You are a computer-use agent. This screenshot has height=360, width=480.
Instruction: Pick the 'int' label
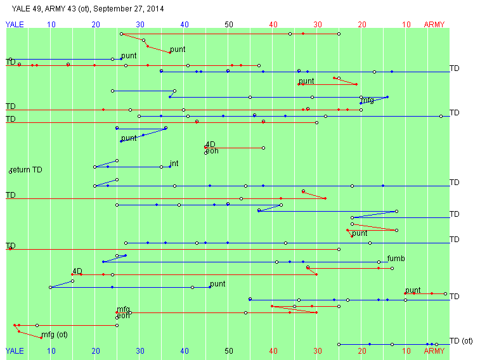(x=174, y=164)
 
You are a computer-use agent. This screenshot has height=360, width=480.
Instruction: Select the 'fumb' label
(x=396, y=259)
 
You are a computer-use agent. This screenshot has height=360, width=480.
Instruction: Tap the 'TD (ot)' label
(x=461, y=341)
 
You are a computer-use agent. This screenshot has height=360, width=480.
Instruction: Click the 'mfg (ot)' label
(x=54, y=335)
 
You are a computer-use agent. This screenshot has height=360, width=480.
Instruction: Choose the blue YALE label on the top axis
(x=15, y=25)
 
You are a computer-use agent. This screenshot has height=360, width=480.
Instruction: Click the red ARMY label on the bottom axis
(x=434, y=350)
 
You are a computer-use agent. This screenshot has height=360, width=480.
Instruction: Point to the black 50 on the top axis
(x=229, y=25)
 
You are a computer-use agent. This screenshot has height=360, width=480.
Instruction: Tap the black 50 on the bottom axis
(x=229, y=350)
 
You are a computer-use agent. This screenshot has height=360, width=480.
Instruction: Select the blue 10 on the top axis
(x=51, y=25)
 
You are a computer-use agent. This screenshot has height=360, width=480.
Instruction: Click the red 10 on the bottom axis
(x=406, y=350)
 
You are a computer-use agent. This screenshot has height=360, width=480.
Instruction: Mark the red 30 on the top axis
(x=318, y=25)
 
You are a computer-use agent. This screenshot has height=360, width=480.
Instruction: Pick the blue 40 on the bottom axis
(x=185, y=350)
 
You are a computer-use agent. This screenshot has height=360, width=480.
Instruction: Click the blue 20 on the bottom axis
(x=96, y=350)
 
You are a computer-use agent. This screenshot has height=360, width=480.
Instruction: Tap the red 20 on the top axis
(x=362, y=25)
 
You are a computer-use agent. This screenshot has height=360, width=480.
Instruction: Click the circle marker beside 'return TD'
(x=10, y=171)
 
